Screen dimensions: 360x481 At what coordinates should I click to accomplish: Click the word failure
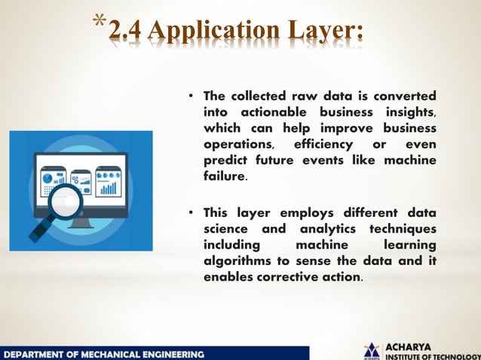coord(224,176)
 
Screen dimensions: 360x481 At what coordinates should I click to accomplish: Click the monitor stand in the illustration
coord(87,219)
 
